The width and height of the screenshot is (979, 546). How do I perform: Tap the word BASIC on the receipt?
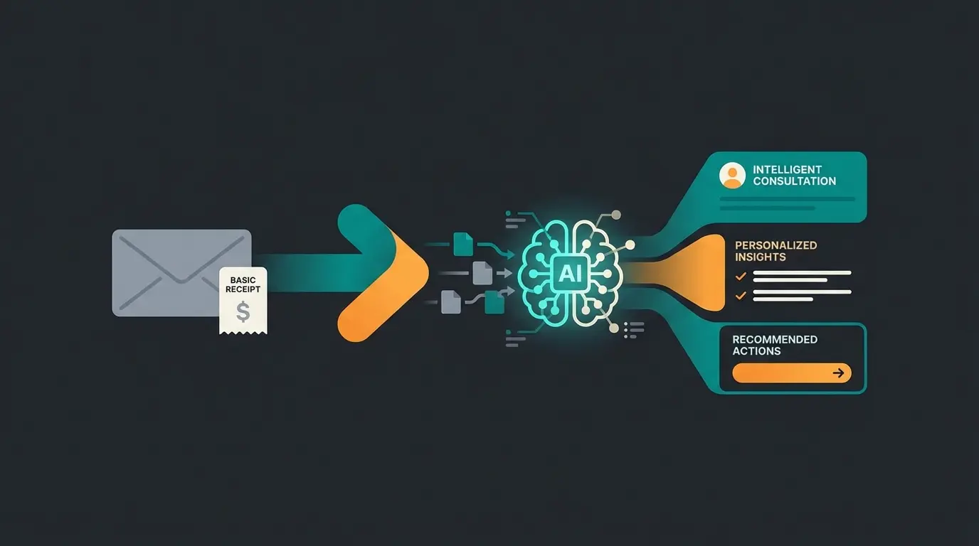click(x=243, y=280)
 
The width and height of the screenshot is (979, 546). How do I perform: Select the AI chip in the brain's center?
click(x=571, y=274)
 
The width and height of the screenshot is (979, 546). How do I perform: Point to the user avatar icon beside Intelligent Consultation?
click(x=732, y=176)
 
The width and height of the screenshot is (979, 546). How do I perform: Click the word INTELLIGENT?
click(x=787, y=170)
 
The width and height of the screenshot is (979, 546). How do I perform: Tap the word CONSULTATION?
click(x=794, y=181)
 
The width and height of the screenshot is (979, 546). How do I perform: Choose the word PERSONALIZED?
click(x=776, y=245)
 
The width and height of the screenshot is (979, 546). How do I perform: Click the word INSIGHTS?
click(x=760, y=257)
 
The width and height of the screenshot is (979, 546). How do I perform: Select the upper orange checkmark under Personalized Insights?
click(x=741, y=276)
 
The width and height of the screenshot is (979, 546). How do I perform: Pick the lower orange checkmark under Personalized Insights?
click(x=741, y=295)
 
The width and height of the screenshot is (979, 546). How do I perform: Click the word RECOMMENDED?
click(x=775, y=340)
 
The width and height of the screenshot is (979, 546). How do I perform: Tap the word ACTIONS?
click(x=756, y=351)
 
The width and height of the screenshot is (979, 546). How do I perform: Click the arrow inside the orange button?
click(x=840, y=373)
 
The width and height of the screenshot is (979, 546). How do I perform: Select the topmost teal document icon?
click(x=463, y=245)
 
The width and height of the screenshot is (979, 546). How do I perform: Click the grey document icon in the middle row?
click(x=482, y=272)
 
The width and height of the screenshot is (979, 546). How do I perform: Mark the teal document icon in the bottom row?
click(x=494, y=304)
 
